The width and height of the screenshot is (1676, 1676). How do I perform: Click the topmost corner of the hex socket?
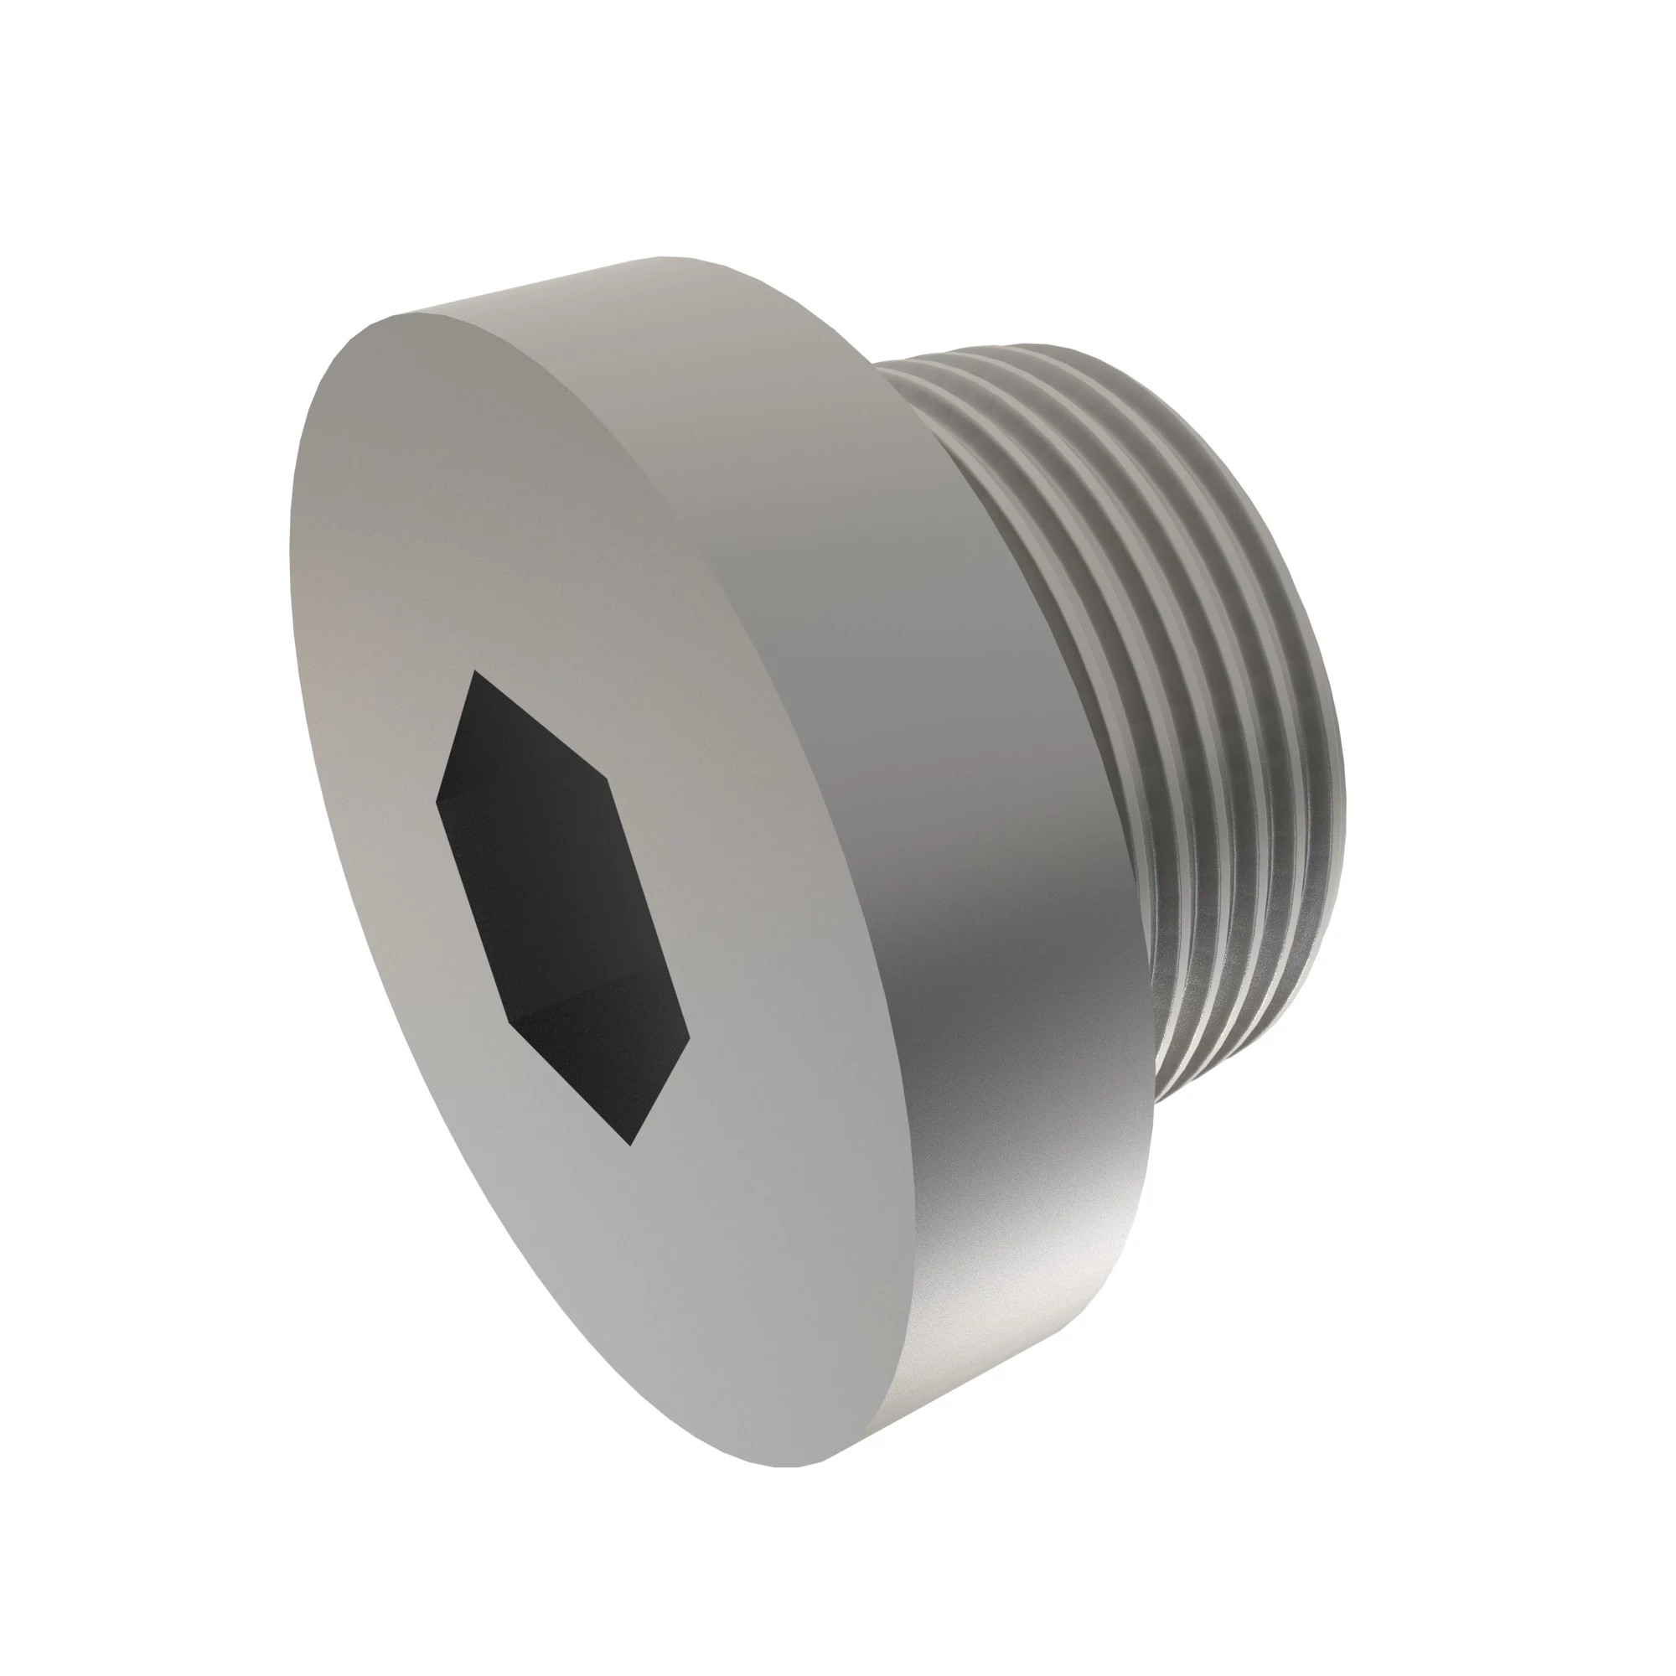473,670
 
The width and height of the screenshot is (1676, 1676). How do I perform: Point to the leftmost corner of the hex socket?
436,799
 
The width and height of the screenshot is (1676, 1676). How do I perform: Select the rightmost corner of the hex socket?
690,1035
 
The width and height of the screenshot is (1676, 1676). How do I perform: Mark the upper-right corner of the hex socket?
608,767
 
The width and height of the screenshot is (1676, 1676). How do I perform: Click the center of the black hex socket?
562,907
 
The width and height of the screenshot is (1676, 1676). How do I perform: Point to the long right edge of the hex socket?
649,903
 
